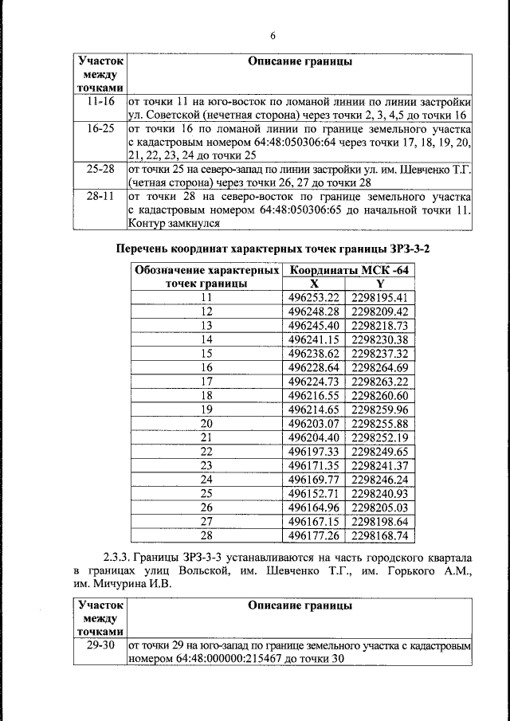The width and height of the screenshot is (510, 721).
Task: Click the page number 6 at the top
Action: coord(272,36)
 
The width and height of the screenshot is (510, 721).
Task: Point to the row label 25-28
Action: coord(100,170)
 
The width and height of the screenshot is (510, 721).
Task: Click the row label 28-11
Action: coord(100,196)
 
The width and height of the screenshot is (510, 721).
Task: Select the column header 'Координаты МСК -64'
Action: coord(350,270)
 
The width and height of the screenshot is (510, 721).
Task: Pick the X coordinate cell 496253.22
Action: coord(313,297)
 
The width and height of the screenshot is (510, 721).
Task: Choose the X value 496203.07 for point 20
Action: coord(313,423)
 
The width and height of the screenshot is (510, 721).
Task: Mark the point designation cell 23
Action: coord(207,465)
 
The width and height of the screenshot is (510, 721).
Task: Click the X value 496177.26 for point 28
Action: coord(313,535)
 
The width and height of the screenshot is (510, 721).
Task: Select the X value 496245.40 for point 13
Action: coord(313,325)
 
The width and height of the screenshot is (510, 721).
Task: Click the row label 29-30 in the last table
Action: coord(100,644)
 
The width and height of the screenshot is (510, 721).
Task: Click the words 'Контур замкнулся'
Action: coord(171,225)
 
